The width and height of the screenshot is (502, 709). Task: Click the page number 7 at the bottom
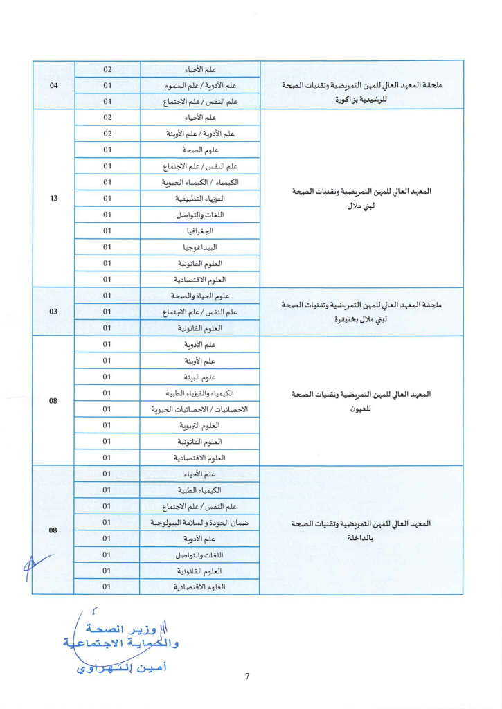pyautogui.click(x=247, y=676)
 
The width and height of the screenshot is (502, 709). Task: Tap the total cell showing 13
pyautogui.click(x=54, y=199)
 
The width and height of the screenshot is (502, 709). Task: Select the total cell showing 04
pyautogui.click(x=54, y=86)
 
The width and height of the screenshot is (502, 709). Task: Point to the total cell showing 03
pyautogui.click(x=54, y=312)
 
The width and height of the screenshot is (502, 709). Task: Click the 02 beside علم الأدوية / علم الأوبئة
pyautogui.click(x=107, y=134)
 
